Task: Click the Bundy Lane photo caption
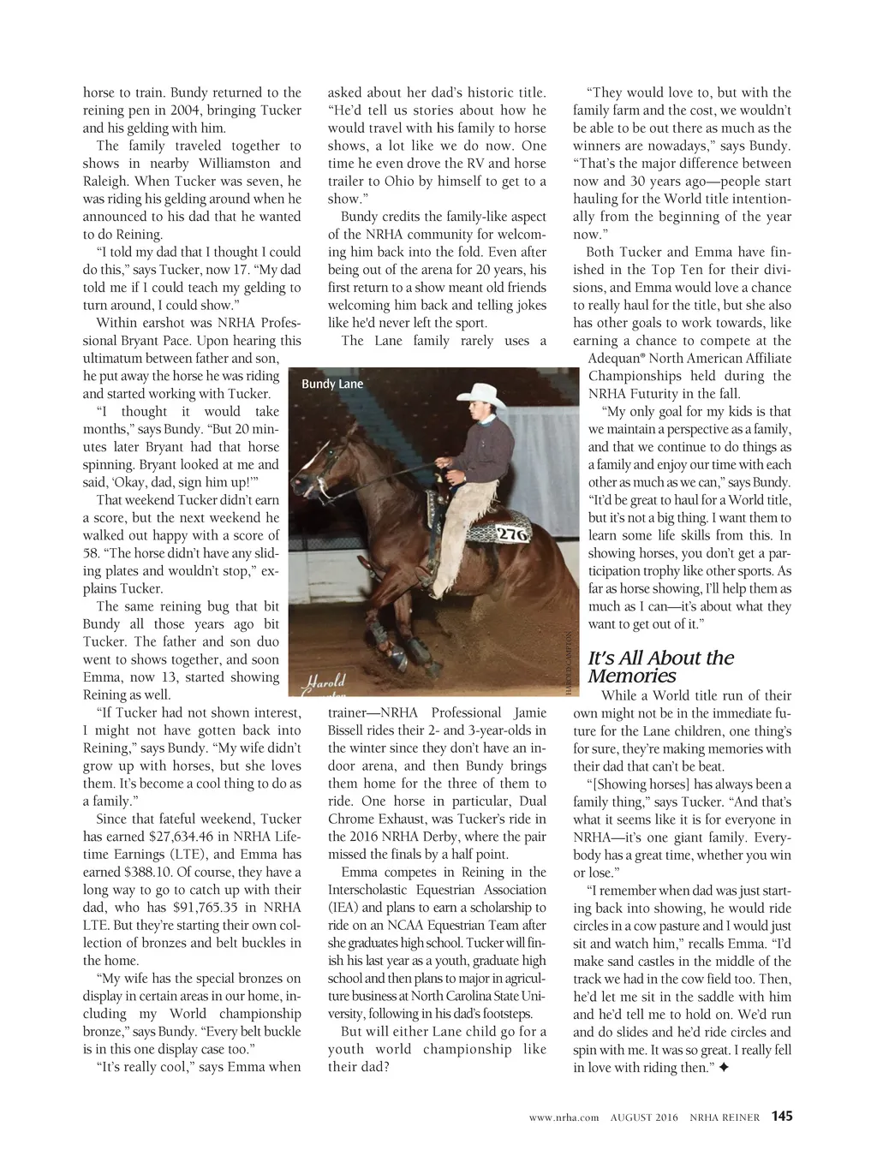tap(332, 384)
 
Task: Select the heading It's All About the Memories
tap(660, 666)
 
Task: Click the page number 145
tap(782, 1116)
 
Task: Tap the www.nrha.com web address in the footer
tap(564, 1117)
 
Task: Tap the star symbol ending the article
tap(725, 1067)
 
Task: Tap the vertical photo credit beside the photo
tap(568, 664)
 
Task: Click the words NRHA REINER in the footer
tap(725, 1117)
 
